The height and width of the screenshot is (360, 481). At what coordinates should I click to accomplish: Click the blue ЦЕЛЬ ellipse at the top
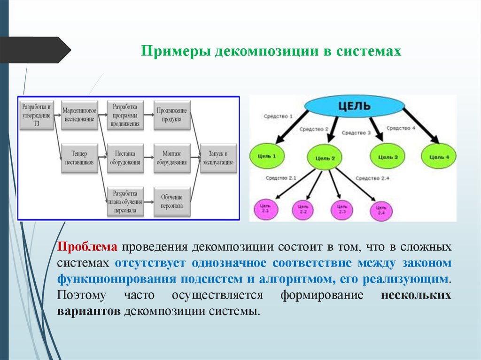click(354, 106)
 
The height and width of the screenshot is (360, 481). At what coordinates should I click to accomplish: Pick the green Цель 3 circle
click(388, 156)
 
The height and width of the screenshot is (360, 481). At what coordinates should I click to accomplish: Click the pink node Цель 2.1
click(265, 209)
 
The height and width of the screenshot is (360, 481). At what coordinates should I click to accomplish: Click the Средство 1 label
click(278, 115)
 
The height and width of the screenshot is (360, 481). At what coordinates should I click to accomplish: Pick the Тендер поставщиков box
click(78, 157)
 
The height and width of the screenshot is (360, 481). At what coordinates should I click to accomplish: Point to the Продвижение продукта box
click(171, 114)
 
